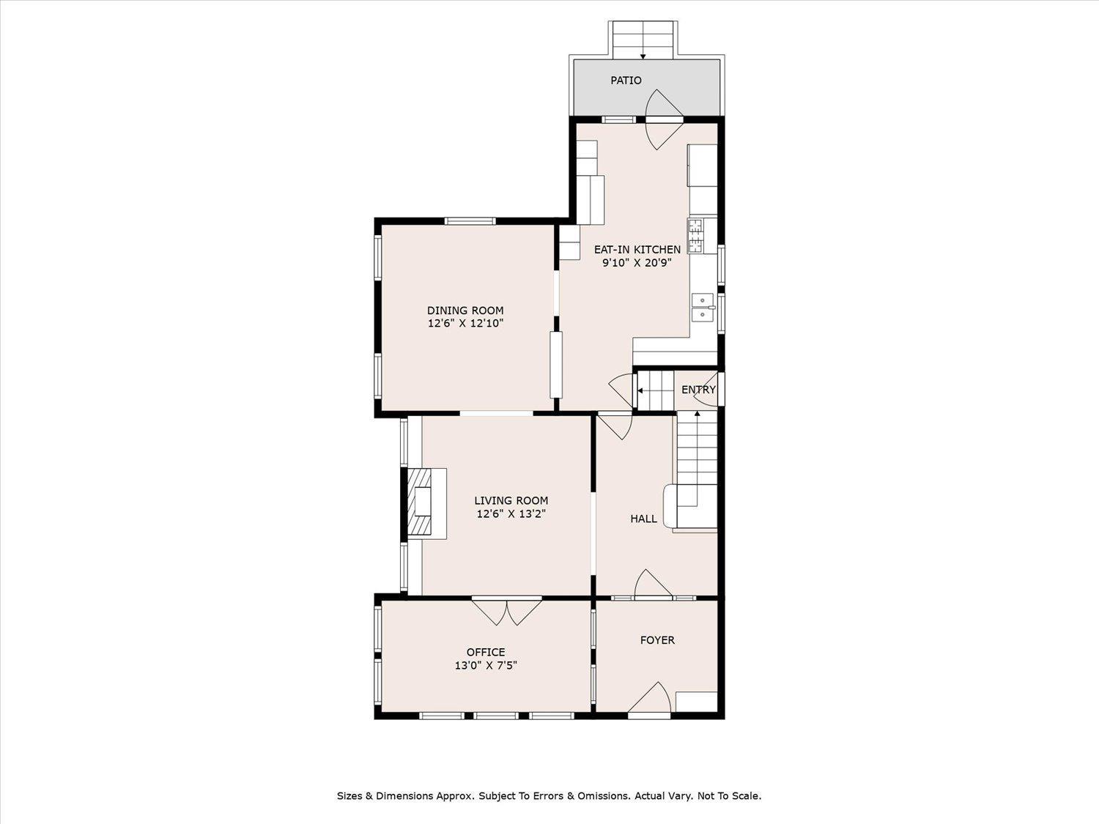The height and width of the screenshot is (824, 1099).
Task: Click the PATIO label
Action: coord(626,80)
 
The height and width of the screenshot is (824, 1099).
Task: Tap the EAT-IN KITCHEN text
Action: coord(637,249)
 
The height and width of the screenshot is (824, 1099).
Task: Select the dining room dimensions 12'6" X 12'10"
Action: coord(465,323)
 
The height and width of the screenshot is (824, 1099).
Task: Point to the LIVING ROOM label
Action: coord(511,500)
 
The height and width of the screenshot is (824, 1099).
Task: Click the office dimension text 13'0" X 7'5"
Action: coord(486,665)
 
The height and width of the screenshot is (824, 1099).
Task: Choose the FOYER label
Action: coord(657,640)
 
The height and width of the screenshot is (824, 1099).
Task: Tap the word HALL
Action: coord(644,519)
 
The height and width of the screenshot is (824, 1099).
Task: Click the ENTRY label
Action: coord(698,389)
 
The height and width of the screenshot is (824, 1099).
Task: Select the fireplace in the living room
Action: coord(425,504)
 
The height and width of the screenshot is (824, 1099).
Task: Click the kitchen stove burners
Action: coord(695,236)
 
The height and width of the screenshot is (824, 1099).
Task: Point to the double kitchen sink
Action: coord(703,307)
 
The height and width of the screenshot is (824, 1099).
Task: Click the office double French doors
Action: coord(507,612)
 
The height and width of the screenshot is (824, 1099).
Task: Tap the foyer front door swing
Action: coord(649,700)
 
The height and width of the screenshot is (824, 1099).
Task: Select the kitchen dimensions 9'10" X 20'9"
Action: coord(637,263)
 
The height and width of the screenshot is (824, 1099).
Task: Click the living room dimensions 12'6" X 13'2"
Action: coord(511,514)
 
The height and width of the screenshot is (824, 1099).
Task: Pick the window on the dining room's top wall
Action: coord(470,220)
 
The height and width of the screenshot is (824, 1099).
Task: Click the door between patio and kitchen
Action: coord(664,119)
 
